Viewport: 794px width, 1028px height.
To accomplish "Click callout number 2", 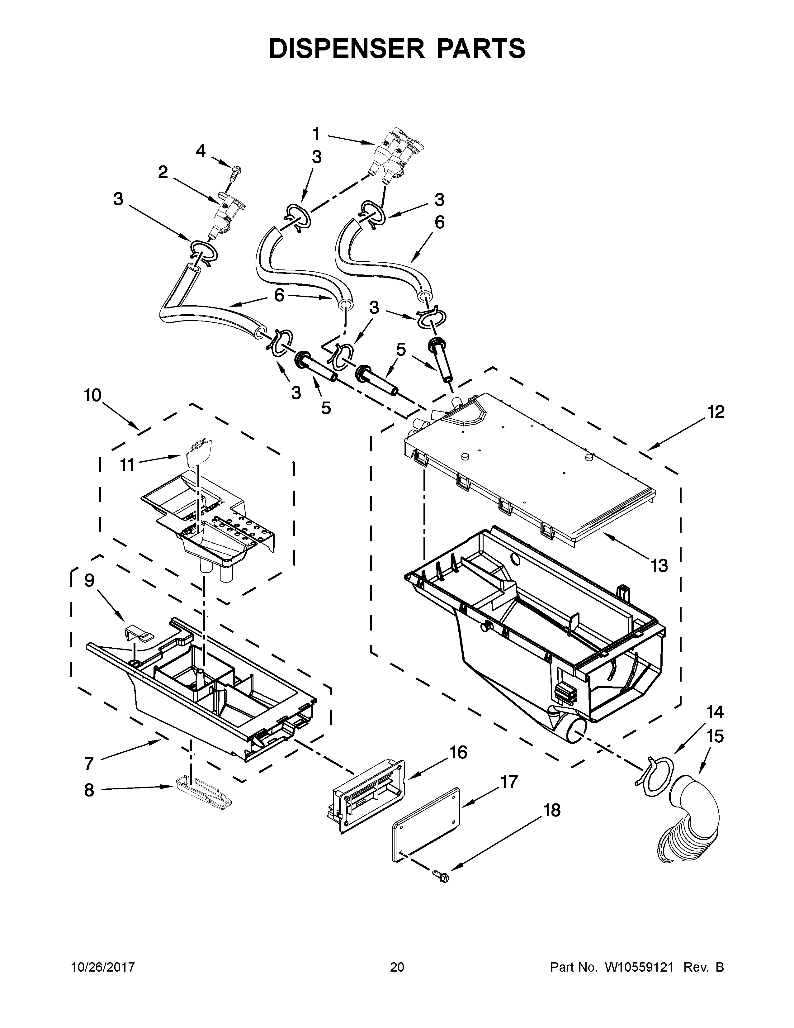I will [163, 173].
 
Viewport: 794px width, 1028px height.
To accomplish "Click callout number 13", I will [659, 566].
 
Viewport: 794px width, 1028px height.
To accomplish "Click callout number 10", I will [93, 395].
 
